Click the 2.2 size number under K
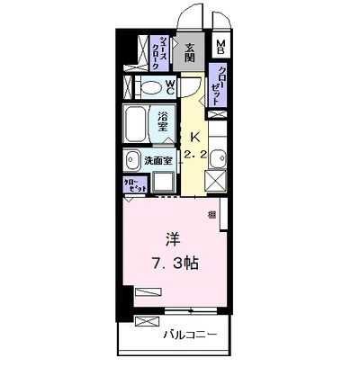[195, 154]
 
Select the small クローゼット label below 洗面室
[135, 184]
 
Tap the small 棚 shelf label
[211, 214]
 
